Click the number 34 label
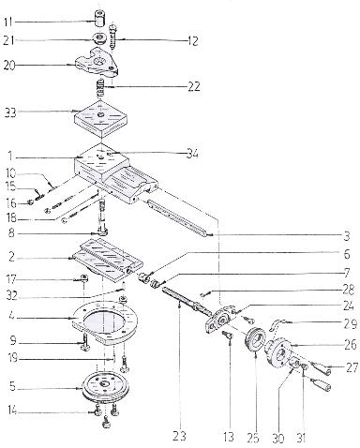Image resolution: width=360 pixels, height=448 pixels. pos(192,154)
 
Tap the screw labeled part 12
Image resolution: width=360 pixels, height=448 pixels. pos(112,35)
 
